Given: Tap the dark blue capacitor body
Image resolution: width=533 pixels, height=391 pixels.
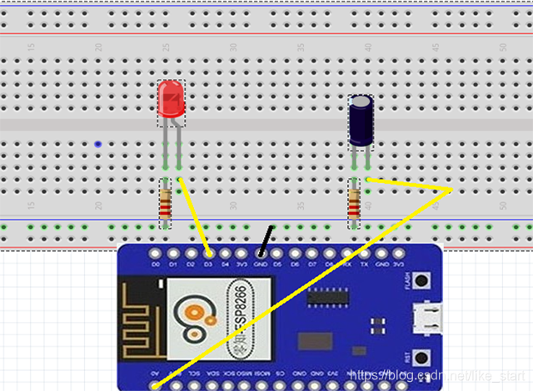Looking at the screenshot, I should tap(361, 120).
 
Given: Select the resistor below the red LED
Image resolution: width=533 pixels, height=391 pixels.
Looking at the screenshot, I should tap(166, 202).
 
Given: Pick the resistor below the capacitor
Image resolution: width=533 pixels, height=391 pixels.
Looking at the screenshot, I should tap(355, 202).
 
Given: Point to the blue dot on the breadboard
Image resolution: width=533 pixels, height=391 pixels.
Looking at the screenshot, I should tap(99, 144).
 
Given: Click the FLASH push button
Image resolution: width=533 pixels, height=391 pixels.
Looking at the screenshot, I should tap(422, 280).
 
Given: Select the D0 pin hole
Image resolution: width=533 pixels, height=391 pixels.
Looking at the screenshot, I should tap(156, 253).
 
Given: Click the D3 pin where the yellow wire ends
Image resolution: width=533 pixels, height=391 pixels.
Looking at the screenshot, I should tap(208, 253).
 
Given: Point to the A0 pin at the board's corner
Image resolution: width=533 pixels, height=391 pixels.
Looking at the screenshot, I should tap(156, 385).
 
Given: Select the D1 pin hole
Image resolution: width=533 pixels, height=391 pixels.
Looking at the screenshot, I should tap(173, 253).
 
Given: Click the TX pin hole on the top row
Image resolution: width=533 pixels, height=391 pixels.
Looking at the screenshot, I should tap(364, 253).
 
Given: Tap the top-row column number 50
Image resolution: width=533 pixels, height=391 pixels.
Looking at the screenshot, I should tap(503, 47).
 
